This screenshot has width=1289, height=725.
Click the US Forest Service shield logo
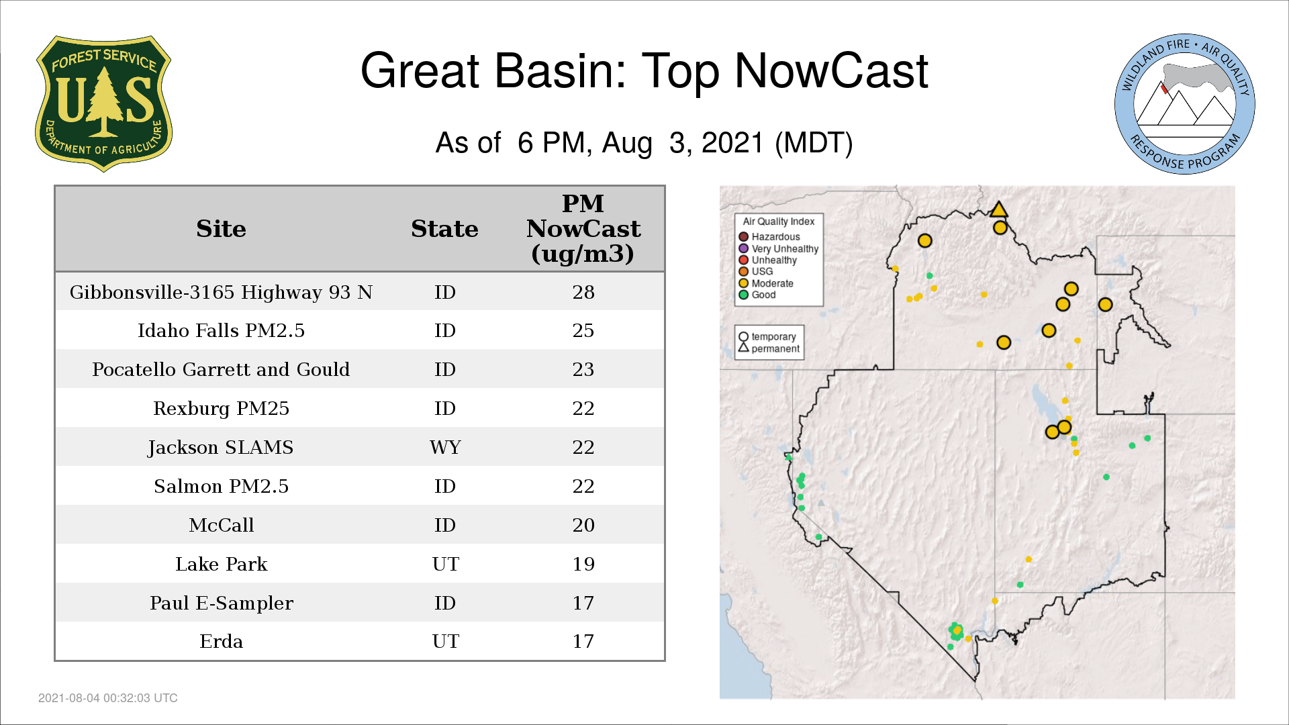pyautogui.click(x=103, y=104)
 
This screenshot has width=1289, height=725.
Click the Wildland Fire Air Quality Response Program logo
pyautogui.click(x=1184, y=104)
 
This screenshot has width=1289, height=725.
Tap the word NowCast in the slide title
pyautogui.click(x=831, y=70)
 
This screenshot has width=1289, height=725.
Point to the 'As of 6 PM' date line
pyautogui.click(x=644, y=143)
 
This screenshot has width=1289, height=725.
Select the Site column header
pyautogui.click(x=221, y=229)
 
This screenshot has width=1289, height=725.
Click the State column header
pyautogui.click(x=444, y=229)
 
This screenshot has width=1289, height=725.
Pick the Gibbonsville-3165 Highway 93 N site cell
pyautogui.click(x=221, y=293)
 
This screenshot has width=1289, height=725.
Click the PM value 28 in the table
pyautogui.click(x=583, y=292)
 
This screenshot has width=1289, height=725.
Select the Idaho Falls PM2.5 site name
pyautogui.click(x=221, y=331)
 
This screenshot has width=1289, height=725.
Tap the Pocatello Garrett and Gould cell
pyautogui.click(x=221, y=370)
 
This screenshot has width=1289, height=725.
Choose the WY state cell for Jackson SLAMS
pyautogui.click(x=445, y=448)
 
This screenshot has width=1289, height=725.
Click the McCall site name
pyautogui.click(x=221, y=526)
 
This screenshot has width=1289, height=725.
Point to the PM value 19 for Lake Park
pyautogui.click(x=583, y=564)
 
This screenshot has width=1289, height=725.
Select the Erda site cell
pyautogui.click(x=221, y=642)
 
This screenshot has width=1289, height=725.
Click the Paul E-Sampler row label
pyautogui.click(x=221, y=603)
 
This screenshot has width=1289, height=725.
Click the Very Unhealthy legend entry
pyautogui.click(x=779, y=248)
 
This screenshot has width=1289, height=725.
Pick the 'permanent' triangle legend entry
pyautogui.click(x=769, y=348)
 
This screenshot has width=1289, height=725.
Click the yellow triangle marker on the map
pyautogui.click(x=999, y=209)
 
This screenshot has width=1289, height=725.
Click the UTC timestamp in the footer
pyautogui.click(x=108, y=698)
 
